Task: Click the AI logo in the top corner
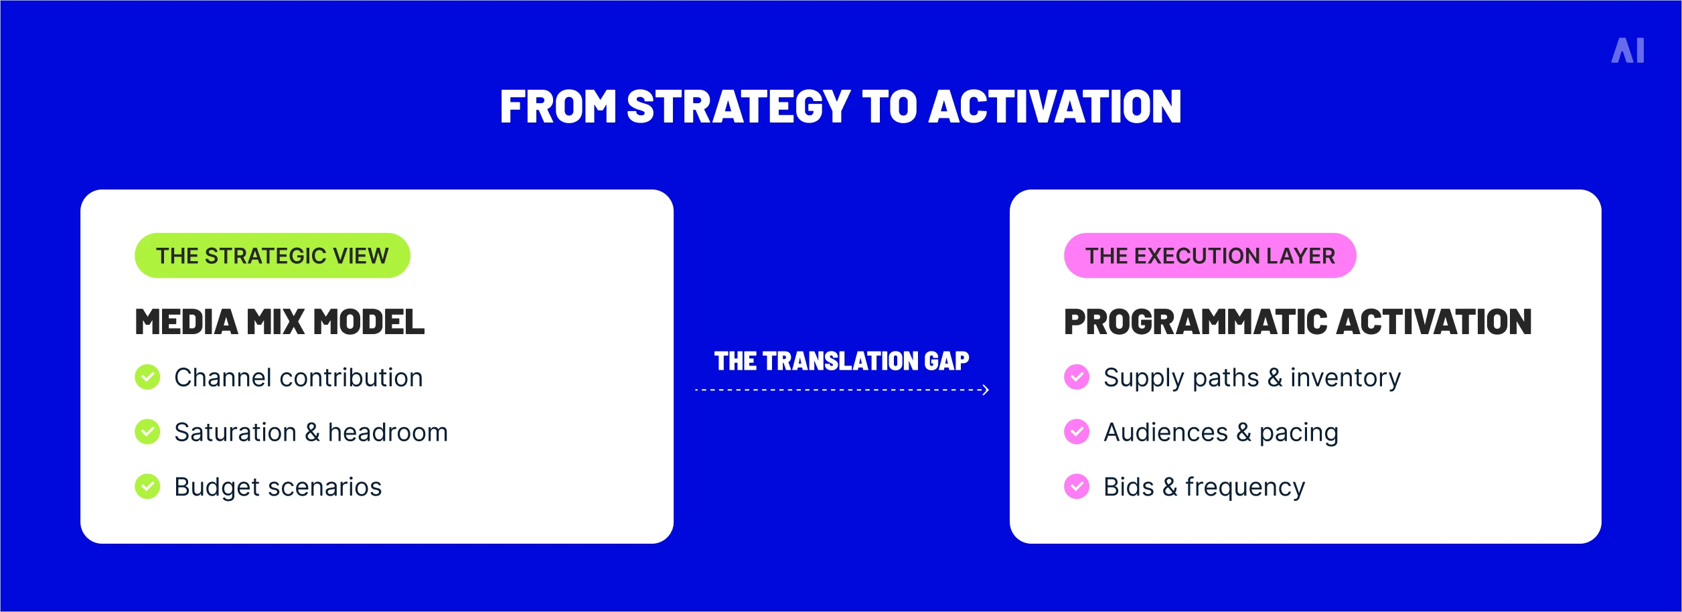coord(1628,51)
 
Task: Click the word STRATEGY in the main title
coord(738,107)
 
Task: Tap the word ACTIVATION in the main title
coord(1055,107)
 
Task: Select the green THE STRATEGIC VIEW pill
coord(273,256)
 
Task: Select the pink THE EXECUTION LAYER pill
coord(1210,256)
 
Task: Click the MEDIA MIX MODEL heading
coord(280,322)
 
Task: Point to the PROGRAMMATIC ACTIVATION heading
coord(1298,322)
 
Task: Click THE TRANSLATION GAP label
coord(842,362)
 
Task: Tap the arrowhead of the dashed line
coord(986,390)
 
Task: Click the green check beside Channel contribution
coord(147,377)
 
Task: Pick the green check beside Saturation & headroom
coord(147,432)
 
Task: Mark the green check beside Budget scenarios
coord(147,487)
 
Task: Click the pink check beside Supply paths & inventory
coord(1077,377)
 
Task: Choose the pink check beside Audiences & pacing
coord(1077,432)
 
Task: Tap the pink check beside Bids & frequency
coord(1077,487)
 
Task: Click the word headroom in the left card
coord(388,433)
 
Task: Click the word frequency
coord(1245,488)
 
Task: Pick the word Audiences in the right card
coord(1166,433)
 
